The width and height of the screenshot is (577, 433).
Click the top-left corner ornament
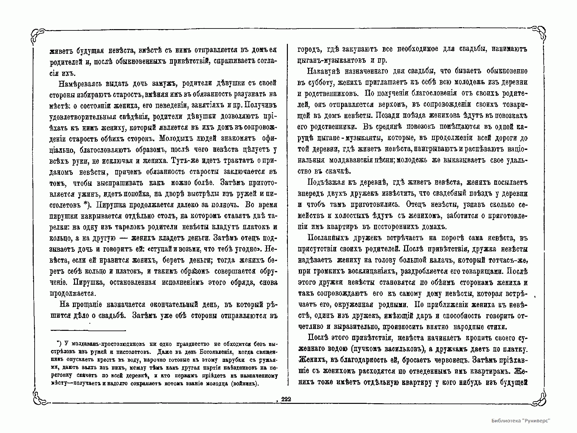(x=38, y=35)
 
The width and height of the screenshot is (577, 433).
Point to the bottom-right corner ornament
(x=540, y=398)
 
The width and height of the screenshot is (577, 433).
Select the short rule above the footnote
(x=88, y=331)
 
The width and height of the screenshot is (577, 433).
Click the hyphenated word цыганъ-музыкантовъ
(x=332, y=60)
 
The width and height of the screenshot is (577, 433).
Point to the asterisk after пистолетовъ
(x=85, y=204)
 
